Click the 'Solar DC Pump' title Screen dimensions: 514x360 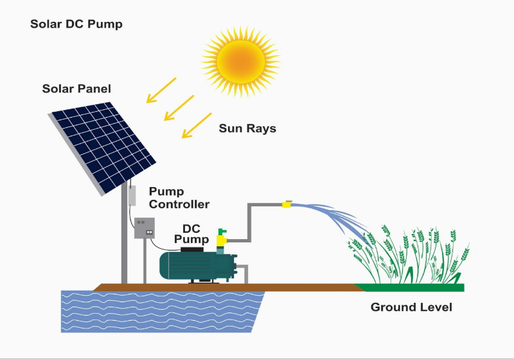76,24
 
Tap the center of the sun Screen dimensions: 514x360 241,62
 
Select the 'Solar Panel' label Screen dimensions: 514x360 76,89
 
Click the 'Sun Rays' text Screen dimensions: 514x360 247,128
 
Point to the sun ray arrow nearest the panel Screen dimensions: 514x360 161,90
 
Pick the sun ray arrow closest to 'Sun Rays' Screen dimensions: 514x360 197,125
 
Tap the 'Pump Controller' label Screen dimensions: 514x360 179,198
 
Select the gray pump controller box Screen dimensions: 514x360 145,228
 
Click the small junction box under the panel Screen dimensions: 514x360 132,195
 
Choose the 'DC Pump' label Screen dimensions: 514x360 191,234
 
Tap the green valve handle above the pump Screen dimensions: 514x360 222,232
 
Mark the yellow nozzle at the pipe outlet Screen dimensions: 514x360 287,204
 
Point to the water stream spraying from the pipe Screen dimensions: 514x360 331,218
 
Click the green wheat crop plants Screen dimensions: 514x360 409,254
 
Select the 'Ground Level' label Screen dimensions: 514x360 411,307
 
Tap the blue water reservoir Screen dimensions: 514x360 163,312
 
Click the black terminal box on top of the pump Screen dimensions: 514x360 191,249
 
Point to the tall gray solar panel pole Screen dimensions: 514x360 124,233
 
